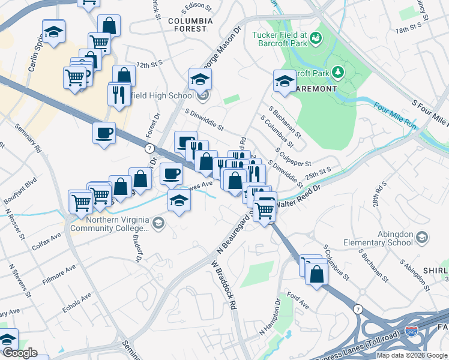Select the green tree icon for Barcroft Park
pos(339,73)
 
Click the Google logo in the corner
pos(19,353)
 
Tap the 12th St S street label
pos(150,64)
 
